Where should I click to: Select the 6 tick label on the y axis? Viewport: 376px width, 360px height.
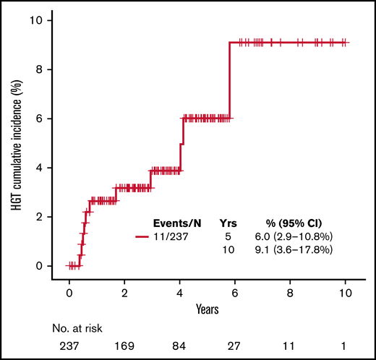click(x=46, y=119)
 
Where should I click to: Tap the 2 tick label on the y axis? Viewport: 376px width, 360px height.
click(x=46, y=217)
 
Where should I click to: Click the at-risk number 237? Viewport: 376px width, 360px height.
click(x=69, y=346)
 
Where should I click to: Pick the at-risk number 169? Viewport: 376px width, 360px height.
click(x=124, y=346)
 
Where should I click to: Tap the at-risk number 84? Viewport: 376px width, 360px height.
click(x=179, y=346)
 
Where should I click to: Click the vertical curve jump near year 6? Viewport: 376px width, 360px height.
click(x=230, y=80)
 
